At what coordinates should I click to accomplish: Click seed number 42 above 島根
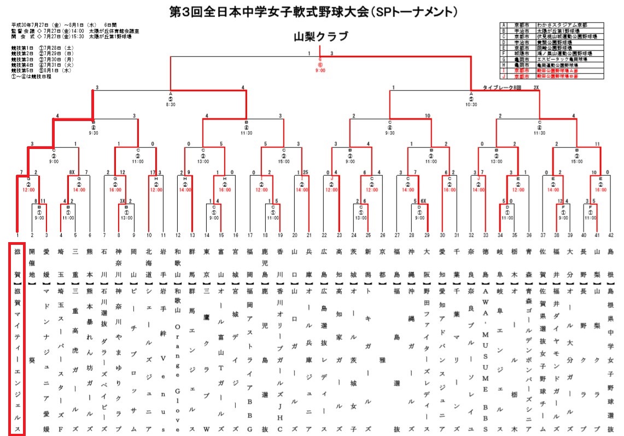(610, 235)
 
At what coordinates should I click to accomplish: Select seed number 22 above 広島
(324, 235)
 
